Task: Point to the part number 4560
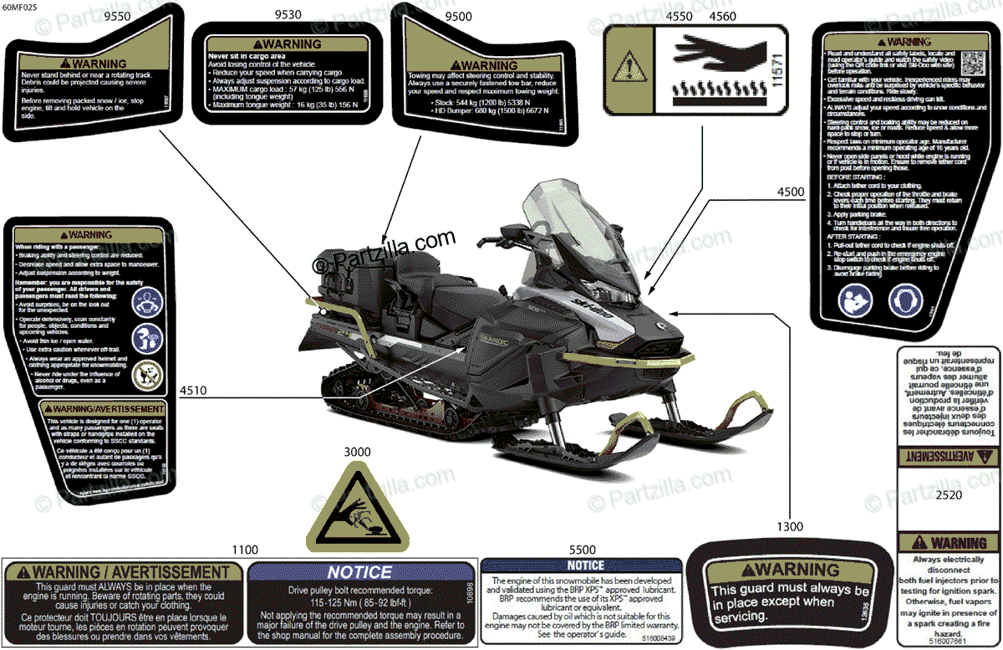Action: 723,15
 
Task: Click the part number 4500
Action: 791,192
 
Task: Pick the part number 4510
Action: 194,390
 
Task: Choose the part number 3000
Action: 356,453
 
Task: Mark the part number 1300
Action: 789,527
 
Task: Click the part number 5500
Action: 583,550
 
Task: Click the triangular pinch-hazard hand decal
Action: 358,510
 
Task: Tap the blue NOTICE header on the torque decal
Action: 359,572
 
